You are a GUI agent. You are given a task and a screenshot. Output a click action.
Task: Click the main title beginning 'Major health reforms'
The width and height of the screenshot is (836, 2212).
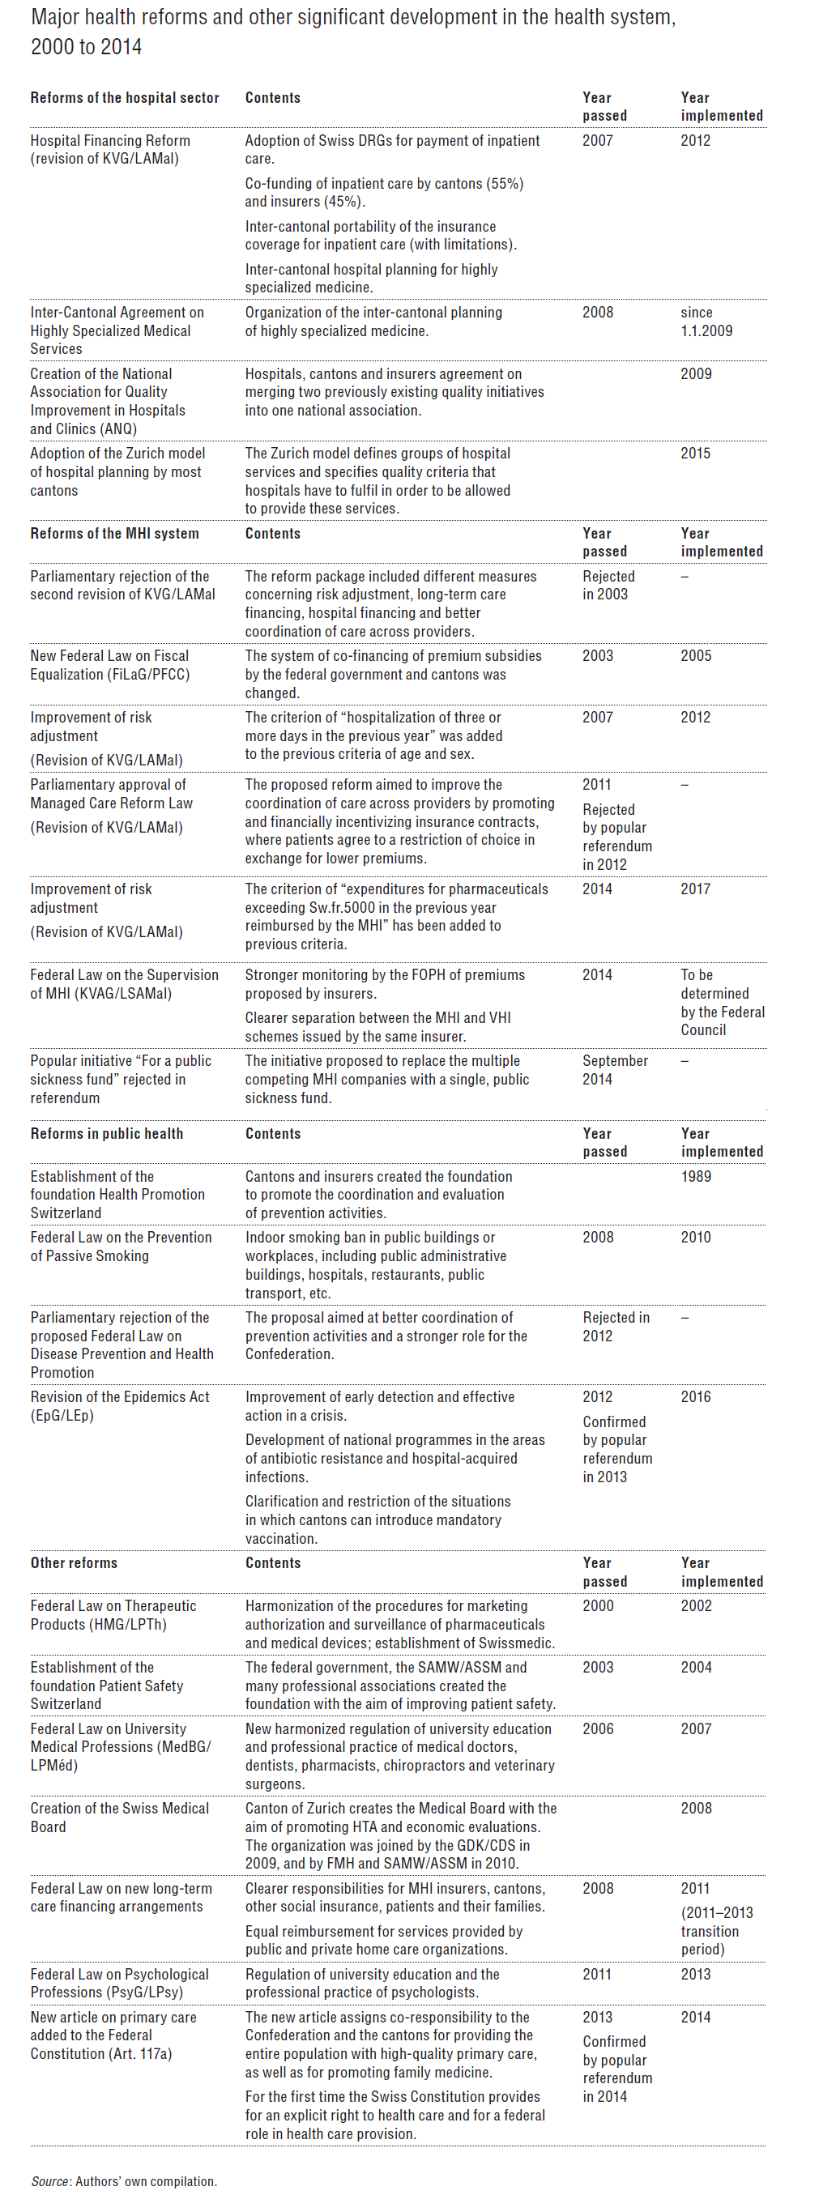(x=352, y=32)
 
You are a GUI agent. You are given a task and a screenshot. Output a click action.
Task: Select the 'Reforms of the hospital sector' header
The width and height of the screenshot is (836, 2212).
(x=125, y=98)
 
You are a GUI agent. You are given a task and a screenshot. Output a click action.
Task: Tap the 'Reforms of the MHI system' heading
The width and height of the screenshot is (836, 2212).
(x=114, y=533)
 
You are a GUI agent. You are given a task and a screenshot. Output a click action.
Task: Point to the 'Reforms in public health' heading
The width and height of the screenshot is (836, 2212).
(x=107, y=1133)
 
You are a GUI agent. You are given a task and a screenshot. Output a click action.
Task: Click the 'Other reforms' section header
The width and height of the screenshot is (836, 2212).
(x=74, y=1563)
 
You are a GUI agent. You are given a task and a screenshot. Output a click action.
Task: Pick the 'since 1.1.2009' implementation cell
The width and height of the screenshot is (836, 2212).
(x=706, y=322)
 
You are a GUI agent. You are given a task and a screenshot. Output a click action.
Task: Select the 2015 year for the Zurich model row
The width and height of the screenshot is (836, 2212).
(x=695, y=454)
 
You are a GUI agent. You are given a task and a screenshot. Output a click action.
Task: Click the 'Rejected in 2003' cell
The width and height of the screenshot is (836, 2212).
(x=608, y=585)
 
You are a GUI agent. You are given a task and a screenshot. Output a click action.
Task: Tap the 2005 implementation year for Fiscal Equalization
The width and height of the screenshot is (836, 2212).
(x=695, y=656)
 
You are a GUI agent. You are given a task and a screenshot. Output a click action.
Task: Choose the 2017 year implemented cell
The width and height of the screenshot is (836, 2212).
(x=695, y=889)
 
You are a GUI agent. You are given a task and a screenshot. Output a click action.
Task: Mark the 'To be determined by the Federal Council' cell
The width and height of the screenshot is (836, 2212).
(x=722, y=1002)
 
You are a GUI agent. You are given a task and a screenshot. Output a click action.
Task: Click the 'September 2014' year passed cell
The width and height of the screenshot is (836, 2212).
(x=614, y=1070)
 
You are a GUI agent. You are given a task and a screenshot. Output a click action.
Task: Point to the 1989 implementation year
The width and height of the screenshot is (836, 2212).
(x=695, y=1176)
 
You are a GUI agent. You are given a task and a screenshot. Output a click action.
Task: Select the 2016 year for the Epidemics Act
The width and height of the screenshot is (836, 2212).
(x=695, y=1397)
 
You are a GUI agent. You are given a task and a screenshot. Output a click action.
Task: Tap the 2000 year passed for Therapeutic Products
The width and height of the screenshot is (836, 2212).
(x=597, y=1606)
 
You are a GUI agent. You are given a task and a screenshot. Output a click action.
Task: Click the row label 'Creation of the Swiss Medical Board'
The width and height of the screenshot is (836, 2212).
(x=119, y=1817)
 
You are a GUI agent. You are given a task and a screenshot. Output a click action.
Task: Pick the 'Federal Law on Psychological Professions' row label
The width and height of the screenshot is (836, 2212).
(x=119, y=1983)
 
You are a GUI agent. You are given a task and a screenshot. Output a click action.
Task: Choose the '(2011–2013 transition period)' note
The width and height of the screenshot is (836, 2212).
(x=717, y=1931)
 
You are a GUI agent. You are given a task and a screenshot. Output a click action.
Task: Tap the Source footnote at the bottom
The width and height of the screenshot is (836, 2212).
(x=124, y=2181)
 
